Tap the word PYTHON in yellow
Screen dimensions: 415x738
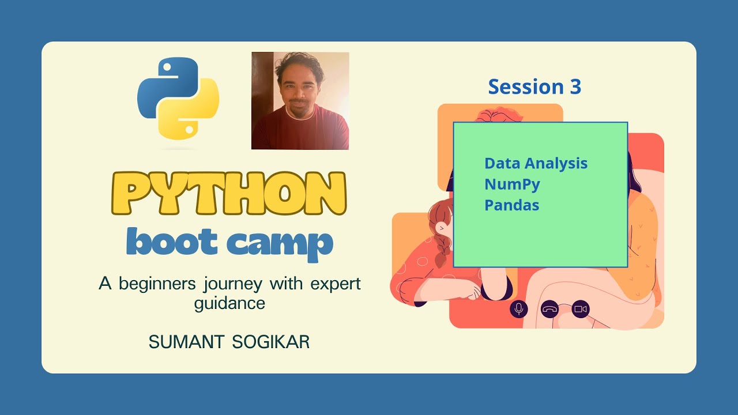click(x=235, y=194)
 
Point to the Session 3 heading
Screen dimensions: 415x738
click(x=534, y=87)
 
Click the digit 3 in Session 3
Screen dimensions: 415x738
click(x=575, y=87)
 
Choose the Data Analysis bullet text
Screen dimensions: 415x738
click(x=536, y=163)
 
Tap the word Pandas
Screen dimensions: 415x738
click(x=511, y=205)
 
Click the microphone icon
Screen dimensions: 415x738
click(x=519, y=310)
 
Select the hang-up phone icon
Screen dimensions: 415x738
click(x=550, y=310)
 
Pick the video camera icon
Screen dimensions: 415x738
click(x=581, y=310)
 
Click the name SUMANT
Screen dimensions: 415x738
click(x=186, y=342)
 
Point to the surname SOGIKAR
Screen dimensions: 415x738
click(x=270, y=342)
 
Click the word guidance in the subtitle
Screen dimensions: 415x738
click(x=229, y=303)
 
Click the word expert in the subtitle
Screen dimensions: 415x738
click(x=336, y=284)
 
